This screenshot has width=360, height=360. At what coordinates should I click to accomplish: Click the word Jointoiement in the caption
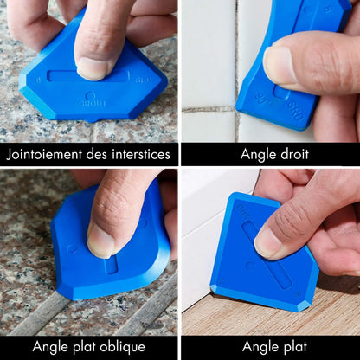[x=43, y=156]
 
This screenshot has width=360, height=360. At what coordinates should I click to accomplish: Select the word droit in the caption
[x=288, y=156]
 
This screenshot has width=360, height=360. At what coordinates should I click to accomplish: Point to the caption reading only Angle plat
[x=270, y=347]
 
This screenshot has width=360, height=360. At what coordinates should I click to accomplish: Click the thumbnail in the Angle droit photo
[x=279, y=67]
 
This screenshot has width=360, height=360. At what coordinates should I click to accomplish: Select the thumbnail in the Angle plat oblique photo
[x=100, y=241]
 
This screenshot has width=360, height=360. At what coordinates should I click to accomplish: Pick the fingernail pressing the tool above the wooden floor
[x=267, y=244]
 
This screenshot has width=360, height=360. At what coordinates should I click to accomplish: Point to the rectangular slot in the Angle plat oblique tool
[x=111, y=265]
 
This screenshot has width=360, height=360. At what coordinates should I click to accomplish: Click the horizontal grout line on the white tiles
[x=208, y=110]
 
